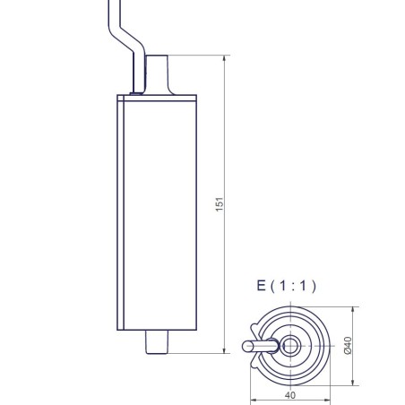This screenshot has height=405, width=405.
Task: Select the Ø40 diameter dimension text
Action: tap(349, 344)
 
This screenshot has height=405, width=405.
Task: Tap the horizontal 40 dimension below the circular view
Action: tap(289, 393)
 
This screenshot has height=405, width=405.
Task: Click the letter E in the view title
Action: tap(261, 287)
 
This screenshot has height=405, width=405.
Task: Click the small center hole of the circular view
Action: tap(290, 345)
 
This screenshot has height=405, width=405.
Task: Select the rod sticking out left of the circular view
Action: tap(257, 345)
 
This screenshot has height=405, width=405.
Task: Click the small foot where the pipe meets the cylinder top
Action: tap(135, 90)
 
